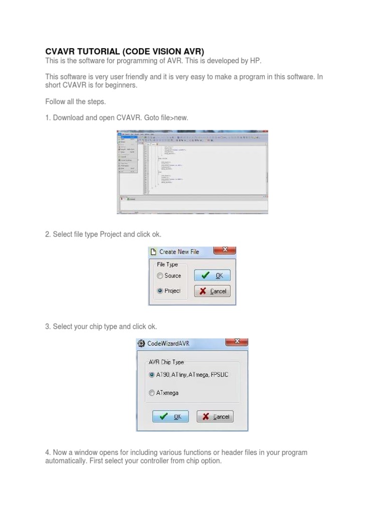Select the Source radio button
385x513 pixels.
click(x=160, y=276)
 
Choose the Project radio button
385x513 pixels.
click(x=160, y=291)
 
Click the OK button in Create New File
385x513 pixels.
click(x=212, y=276)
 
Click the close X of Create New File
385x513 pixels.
click(x=225, y=249)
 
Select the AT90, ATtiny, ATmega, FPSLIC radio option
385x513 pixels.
click(x=151, y=375)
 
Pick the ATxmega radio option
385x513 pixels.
click(x=151, y=393)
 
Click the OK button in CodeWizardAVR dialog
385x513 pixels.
click(x=170, y=416)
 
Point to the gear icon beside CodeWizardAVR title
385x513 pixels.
click(x=141, y=344)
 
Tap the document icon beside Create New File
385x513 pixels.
click(x=153, y=251)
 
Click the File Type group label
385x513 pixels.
click(x=167, y=265)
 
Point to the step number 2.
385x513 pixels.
click(x=47, y=234)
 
